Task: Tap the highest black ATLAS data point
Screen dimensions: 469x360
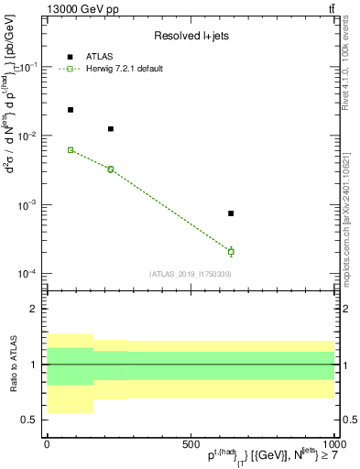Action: [71, 110]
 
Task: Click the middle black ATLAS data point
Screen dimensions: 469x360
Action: [111, 129]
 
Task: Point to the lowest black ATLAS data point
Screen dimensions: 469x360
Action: [231, 213]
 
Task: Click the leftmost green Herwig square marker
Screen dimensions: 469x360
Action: [71, 149]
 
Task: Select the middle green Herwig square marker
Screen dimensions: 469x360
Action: [111, 169]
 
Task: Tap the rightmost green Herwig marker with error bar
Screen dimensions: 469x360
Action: [231, 251]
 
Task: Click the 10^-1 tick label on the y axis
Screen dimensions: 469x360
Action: [29, 67]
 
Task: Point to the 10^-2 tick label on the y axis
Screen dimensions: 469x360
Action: [29, 136]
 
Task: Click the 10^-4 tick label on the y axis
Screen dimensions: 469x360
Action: [29, 274]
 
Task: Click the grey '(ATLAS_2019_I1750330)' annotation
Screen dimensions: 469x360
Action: [191, 274]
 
